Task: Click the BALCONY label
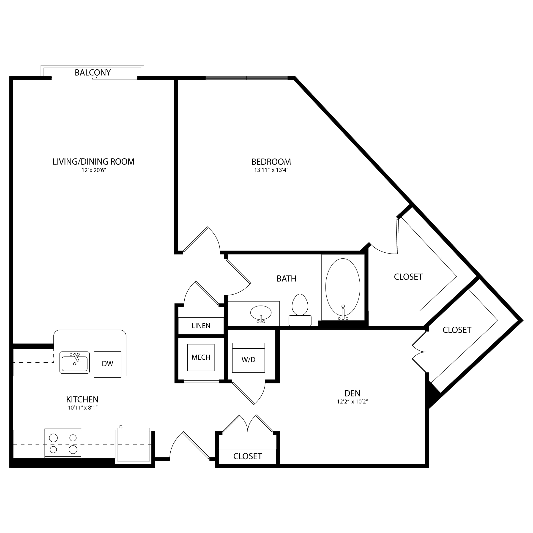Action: [93, 73]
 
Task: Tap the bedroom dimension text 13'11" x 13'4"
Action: [271, 170]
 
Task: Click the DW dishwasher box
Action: [108, 364]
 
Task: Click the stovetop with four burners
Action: [63, 443]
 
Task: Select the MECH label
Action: [201, 357]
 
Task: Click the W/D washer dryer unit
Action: [249, 358]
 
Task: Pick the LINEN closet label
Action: [201, 326]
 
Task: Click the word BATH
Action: [287, 279]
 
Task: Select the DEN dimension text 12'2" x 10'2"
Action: [353, 402]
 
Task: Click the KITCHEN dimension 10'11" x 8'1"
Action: [83, 407]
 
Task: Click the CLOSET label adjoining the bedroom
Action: [408, 277]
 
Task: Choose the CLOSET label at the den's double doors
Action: [457, 330]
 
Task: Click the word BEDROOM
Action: [271, 162]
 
